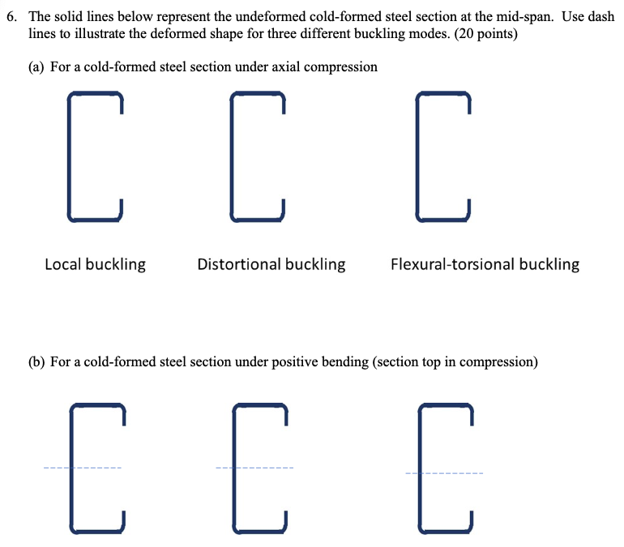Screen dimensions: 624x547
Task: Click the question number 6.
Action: point(10,17)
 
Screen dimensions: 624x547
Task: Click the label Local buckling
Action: point(95,264)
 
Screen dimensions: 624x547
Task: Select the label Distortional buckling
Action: point(271,264)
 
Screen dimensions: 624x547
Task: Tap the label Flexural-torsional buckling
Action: point(485,264)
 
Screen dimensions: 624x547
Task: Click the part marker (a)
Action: point(37,66)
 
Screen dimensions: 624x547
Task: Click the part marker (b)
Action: point(37,362)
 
